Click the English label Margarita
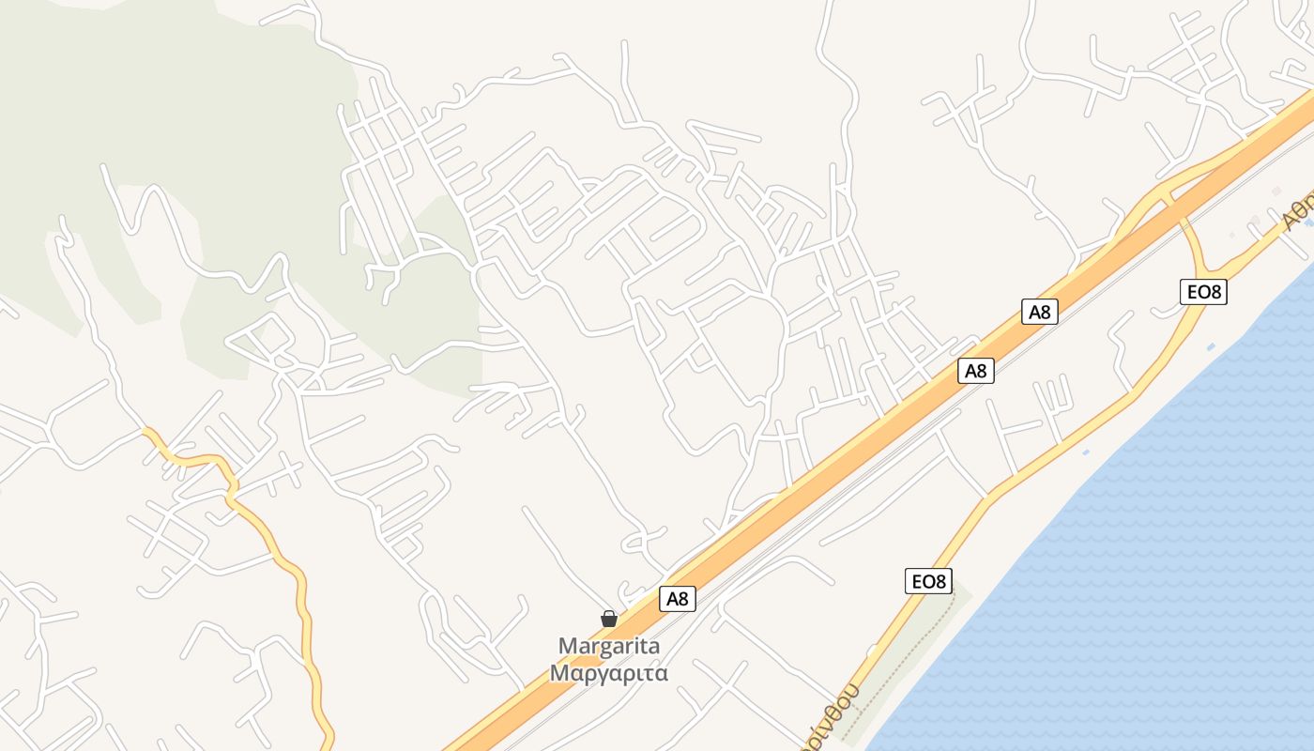[x=609, y=646]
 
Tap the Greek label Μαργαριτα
[x=609, y=673]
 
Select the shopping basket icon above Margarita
[x=609, y=618]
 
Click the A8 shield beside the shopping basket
[x=678, y=599]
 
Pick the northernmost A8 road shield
[x=1040, y=312]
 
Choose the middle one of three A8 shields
[x=976, y=371]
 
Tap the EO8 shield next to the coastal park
[x=929, y=581]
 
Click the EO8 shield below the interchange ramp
[x=1203, y=292]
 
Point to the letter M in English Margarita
[x=567, y=646]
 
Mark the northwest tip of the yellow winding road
[x=145, y=431]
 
